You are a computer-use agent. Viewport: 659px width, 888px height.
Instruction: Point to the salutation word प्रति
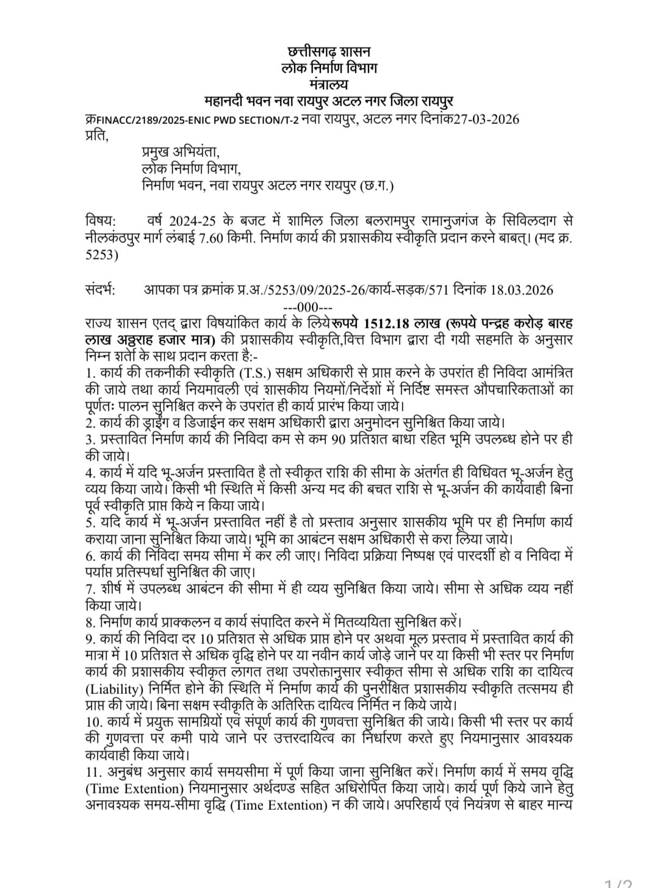tap(96, 136)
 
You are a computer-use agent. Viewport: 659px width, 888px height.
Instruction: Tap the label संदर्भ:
tap(103, 290)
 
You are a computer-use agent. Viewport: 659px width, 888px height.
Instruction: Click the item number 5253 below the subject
tap(101, 256)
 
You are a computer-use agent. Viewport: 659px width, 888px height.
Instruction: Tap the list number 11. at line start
tap(93, 771)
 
